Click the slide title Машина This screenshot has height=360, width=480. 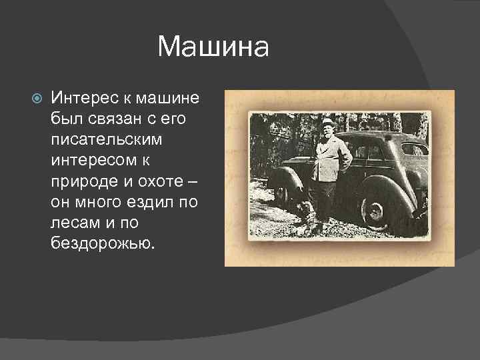pyautogui.click(x=213, y=47)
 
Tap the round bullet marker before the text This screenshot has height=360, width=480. pyautogui.click(x=37, y=98)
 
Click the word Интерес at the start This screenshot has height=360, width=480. pyautogui.click(x=83, y=98)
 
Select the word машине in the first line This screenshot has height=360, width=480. pyautogui.click(x=166, y=98)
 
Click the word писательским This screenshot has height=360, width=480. pyautogui.click(x=107, y=140)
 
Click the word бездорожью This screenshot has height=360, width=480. pyautogui.click(x=102, y=243)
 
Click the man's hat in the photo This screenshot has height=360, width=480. pyautogui.click(x=327, y=123)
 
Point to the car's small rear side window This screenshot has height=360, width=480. pyautogui.click(x=413, y=149)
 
